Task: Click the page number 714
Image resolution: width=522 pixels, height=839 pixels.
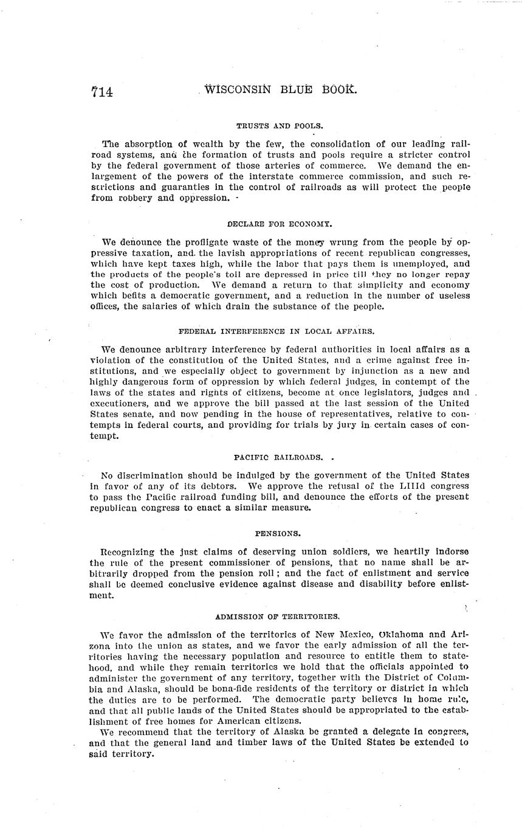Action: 102,92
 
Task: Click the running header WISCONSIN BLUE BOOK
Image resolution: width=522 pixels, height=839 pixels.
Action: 280,90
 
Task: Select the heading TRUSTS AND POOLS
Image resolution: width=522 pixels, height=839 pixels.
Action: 280,126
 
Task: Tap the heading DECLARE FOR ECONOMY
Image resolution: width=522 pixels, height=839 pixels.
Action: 280,224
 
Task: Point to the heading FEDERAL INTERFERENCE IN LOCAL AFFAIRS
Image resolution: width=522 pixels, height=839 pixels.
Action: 276,331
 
